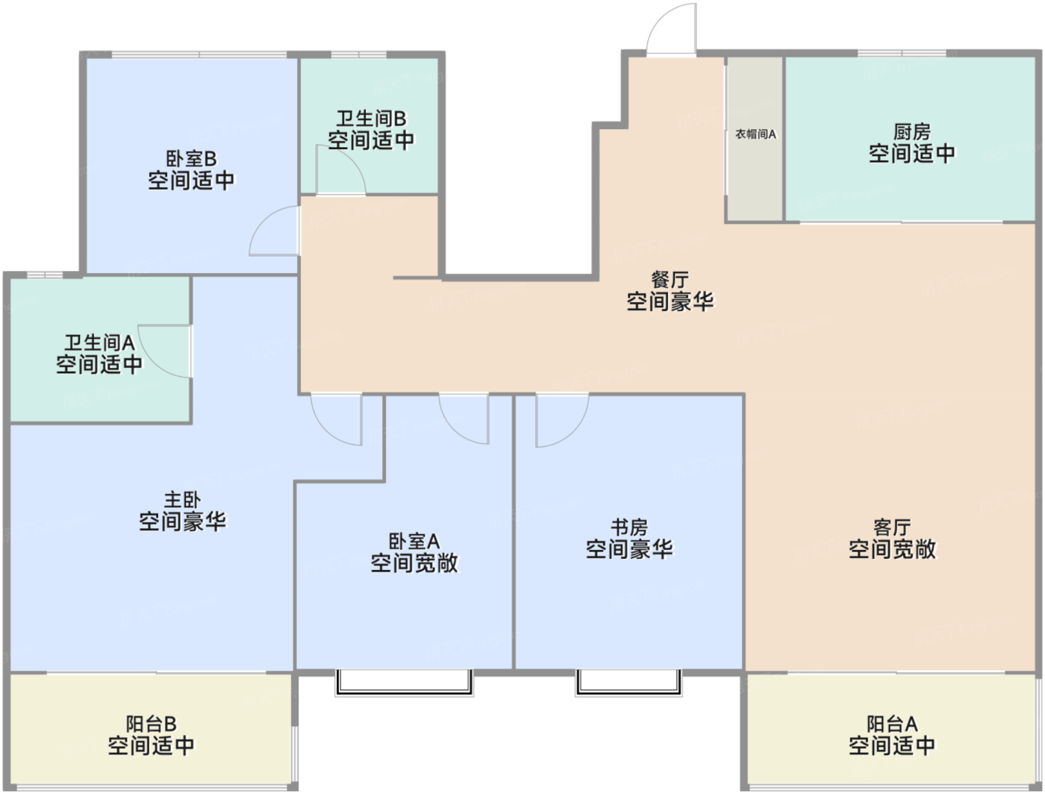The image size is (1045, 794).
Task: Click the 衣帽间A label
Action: pyautogui.click(x=755, y=134)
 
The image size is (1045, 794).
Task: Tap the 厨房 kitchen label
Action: pyautogui.click(x=911, y=132)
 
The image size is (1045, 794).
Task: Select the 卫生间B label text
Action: pyautogui.click(x=371, y=119)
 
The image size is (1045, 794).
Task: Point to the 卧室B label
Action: pyautogui.click(x=191, y=159)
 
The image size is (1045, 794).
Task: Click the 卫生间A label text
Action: pyautogui.click(x=99, y=343)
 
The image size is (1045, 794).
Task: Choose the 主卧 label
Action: pyautogui.click(x=182, y=500)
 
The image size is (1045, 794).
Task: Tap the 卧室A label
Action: pyautogui.click(x=414, y=541)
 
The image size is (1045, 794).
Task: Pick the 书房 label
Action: pyautogui.click(x=629, y=528)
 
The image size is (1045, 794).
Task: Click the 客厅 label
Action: pyautogui.click(x=892, y=528)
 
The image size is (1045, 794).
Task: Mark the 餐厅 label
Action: pyautogui.click(x=670, y=280)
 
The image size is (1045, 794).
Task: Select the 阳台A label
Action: pyautogui.click(x=892, y=724)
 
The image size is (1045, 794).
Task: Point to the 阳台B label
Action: pyautogui.click(x=152, y=724)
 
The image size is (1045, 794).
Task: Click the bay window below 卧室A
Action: pyautogui.click(x=405, y=682)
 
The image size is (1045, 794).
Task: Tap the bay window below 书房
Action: pyautogui.click(x=628, y=682)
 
